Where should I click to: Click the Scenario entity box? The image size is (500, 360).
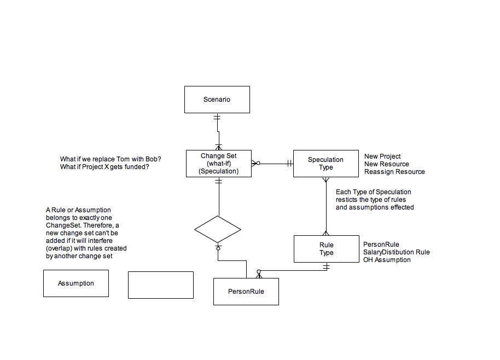pyautogui.click(x=217, y=100)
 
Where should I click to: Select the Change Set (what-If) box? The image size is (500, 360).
pyautogui.click(x=219, y=164)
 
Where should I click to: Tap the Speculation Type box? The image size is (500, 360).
pyautogui.click(x=326, y=164)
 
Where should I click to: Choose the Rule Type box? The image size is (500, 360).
pyautogui.click(x=327, y=249)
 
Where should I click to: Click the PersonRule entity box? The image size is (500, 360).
pyautogui.click(x=246, y=292)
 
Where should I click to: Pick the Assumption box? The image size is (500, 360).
pyautogui.click(x=76, y=283)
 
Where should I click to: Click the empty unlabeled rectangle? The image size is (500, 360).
pyautogui.click(x=161, y=285)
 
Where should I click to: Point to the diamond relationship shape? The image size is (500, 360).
pyautogui.click(x=218, y=229)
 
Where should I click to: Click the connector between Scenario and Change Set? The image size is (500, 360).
pyautogui.click(x=218, y=131)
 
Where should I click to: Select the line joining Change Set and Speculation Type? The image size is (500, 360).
pyautogui.click(x=272, y=164)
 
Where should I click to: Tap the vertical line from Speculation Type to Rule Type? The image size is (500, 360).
pyautogui.click(x=326, y=206)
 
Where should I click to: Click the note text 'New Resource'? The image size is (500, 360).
pyautogui.click(x=386, y=164)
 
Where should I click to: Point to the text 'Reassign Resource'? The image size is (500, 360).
pyautogui.click(x=394, y=172)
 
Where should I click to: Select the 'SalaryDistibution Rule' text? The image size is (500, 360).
pyautogui.click(x=397, y=252)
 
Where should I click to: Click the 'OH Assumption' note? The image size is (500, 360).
pyautogui.click(x=387, y=259)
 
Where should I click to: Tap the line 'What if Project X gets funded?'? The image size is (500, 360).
pyautogui.click(x=104, y=167)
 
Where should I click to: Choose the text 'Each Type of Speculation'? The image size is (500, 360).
pyautogui.click(x=374, y=192)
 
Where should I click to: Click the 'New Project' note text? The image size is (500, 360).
pyautogui.click(x=382, y=156)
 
